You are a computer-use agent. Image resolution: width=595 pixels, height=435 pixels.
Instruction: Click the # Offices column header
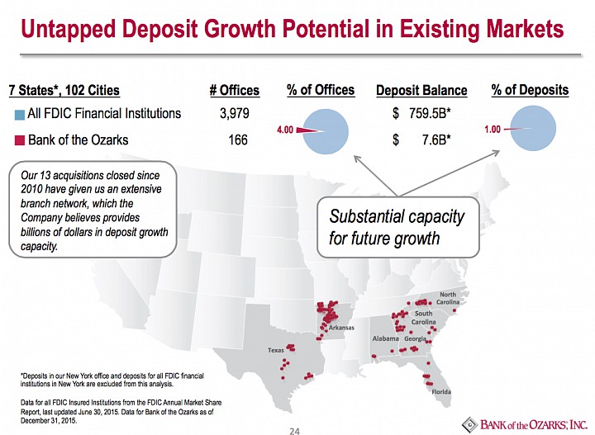coord(235,90)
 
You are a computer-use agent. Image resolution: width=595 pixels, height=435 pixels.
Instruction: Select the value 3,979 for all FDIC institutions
coord(235,113)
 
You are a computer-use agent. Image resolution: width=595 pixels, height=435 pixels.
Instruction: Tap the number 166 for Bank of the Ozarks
coord(238,139)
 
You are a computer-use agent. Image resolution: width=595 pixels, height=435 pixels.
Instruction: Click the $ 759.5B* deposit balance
coord(421,113)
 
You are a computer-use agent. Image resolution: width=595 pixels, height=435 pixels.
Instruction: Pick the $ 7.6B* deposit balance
coord(421,140)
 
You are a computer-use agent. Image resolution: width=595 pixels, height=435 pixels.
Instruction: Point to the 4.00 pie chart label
coord(285,130)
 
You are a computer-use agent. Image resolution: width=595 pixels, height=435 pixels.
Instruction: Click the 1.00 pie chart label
coord(493,130)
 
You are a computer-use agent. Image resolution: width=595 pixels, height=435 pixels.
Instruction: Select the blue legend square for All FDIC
coord(20,115)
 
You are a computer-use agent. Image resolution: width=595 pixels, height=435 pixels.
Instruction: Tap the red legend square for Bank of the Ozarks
coord(20,140)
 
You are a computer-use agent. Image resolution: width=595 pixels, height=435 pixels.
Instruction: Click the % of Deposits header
coord(530,90)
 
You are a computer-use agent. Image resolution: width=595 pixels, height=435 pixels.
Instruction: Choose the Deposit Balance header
coord(421,90)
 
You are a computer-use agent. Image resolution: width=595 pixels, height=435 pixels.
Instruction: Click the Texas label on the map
coord(275,350)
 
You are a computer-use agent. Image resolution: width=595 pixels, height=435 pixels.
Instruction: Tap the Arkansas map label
coord(341,328)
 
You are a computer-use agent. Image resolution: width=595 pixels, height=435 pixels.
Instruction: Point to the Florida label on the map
coord(441,392)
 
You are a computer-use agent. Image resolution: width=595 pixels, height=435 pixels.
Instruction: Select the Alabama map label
coord(386,338)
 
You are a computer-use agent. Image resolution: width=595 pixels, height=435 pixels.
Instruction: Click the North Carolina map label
coord(448,298)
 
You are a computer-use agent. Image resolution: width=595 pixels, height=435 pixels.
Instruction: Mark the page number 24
coord(294,431)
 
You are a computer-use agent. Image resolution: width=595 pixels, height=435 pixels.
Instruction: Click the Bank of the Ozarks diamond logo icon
coord(469,424)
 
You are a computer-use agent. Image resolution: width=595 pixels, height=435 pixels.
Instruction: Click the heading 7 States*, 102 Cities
coord(64,90)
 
